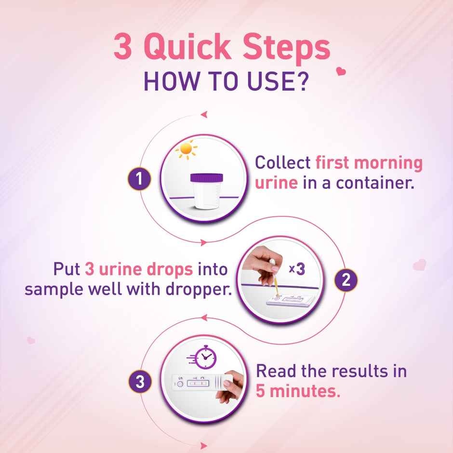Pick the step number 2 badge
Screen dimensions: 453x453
click(345, 280)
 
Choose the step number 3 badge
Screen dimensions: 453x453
click(140, 382)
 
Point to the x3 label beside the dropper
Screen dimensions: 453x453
click(297, 269)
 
